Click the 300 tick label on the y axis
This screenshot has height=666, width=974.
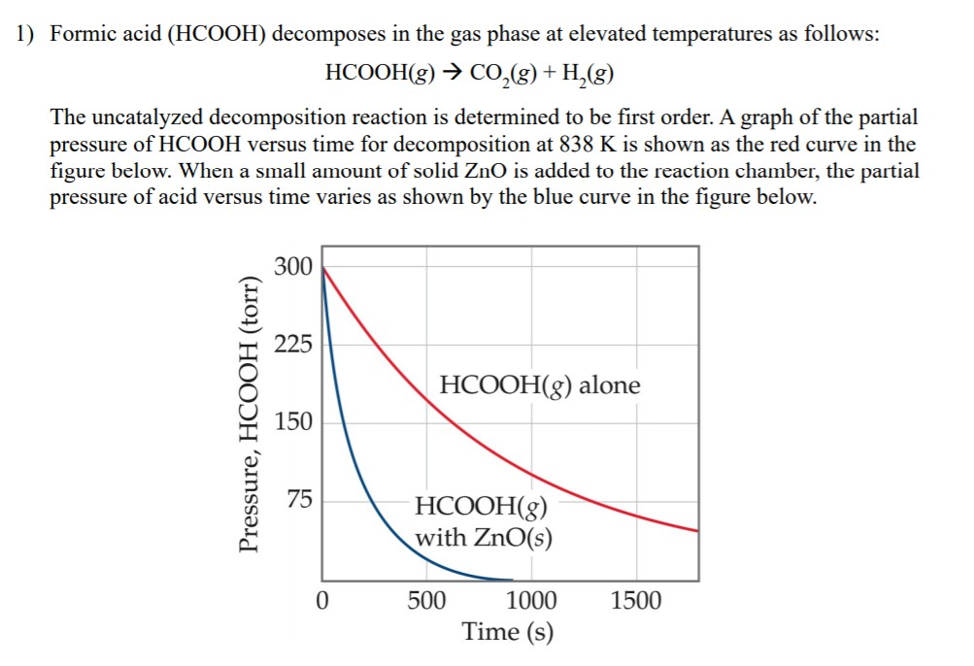point(293,266)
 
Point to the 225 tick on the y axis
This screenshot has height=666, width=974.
point(293,345)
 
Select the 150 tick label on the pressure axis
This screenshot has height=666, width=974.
point(293,422)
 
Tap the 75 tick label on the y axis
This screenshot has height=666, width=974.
point(299,501)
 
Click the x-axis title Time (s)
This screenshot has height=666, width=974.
point(508,632)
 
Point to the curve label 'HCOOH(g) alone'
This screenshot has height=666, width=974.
point(540,385)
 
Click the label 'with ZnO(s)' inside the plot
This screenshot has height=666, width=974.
point(484,537)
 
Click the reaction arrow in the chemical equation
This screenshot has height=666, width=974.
point(453,74)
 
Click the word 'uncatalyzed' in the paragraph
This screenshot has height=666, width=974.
point(142,117)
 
